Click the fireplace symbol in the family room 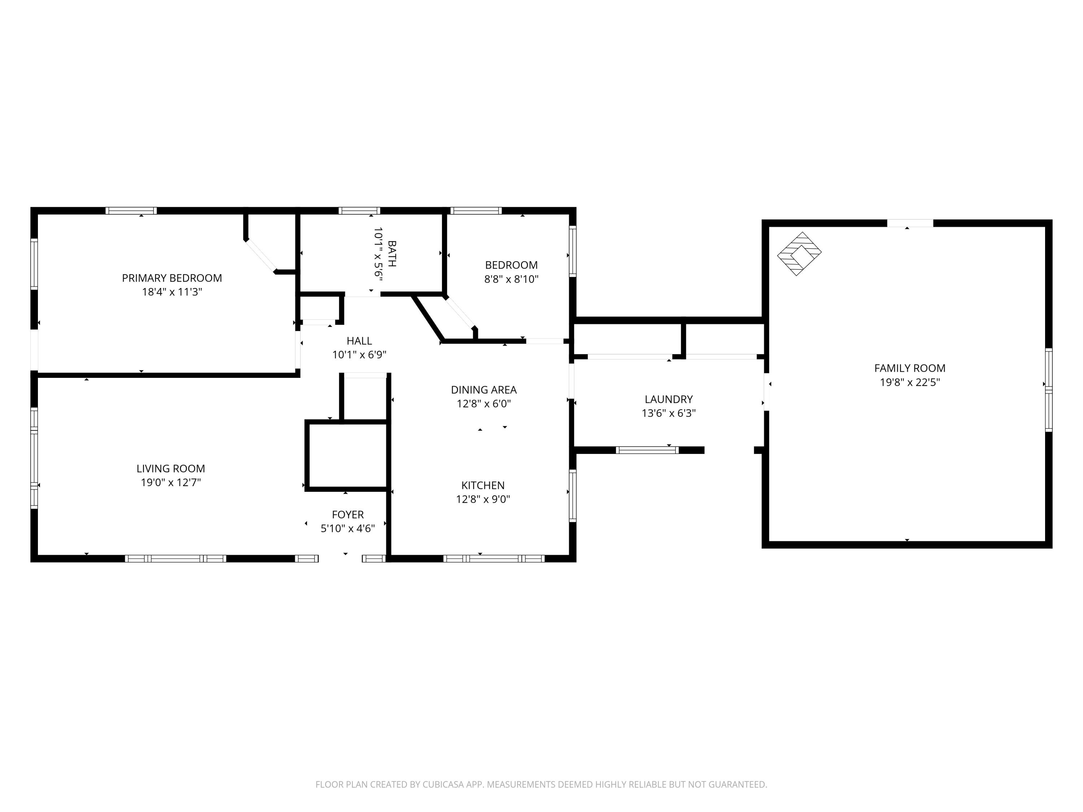point(799,254)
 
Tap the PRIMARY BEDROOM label point(172,278)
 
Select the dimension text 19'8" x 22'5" point(910,382)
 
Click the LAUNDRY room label point(668,399)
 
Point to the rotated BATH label point(392,254)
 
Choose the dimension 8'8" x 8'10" point(511,279)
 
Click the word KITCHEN point(483,485)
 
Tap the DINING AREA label point(484,390)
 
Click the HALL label point(359,341)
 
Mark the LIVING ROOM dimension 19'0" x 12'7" point(171,482)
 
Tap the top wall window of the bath point(359,211)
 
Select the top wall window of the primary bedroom point(131,211)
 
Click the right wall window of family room point(1048,390)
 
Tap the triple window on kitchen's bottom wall point(493,558)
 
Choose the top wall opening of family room point(910,223)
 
